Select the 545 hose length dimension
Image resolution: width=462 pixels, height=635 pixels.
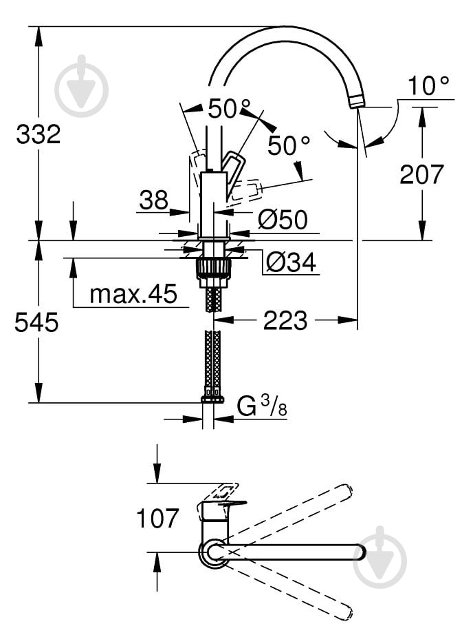coord(36,321)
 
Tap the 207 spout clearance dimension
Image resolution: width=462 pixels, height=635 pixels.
coord(422,174)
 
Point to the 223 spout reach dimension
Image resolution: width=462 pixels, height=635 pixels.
coord(285,320)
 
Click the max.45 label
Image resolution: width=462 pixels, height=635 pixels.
coord(133,295)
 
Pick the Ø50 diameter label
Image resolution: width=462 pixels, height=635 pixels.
coord(283,220)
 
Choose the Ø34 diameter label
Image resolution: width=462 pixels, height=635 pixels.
coord(289,262)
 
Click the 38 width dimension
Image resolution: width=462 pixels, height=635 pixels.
coord(153,200)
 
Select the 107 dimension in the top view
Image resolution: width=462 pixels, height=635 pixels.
coord(157,517)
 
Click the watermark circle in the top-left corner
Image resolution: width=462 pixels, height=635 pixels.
coord(82,85)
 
